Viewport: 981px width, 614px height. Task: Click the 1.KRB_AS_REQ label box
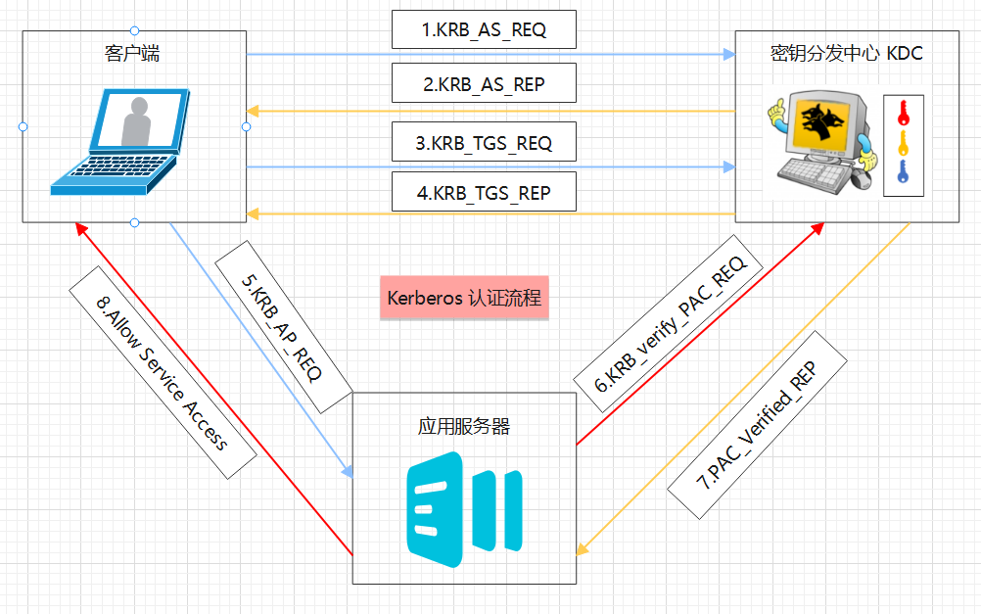point(484,30)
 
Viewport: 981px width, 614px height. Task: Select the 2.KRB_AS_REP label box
point(484,84)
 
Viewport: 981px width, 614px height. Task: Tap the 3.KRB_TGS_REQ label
point(484,143)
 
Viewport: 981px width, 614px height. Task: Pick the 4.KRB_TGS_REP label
point(484,193)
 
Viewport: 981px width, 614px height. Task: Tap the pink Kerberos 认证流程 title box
point(464,298)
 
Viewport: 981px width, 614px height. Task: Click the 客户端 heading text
point(133,54)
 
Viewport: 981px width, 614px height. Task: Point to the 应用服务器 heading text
point(463,427)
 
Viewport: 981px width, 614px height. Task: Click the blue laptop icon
point(122,142)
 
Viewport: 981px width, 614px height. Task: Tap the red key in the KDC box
point(903,113)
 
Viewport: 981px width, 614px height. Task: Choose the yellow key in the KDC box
point(903,144)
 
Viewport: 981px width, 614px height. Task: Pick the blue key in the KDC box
point(903,173)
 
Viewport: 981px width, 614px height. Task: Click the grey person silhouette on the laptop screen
point(135,121)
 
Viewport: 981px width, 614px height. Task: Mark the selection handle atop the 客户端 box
point(134,30)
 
